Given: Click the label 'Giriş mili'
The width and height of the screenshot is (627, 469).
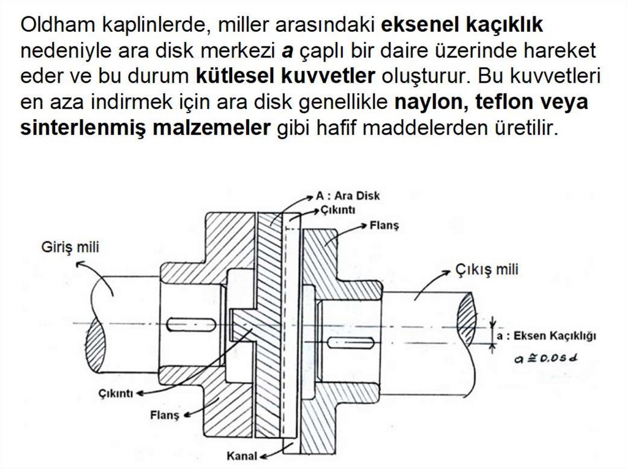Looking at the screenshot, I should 70,248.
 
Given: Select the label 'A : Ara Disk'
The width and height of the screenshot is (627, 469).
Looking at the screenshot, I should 348,196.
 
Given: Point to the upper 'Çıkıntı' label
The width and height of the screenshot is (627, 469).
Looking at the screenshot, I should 337,209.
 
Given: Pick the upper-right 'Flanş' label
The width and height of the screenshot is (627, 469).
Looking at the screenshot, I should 385,226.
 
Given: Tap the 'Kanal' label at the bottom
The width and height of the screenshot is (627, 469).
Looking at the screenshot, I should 241,456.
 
